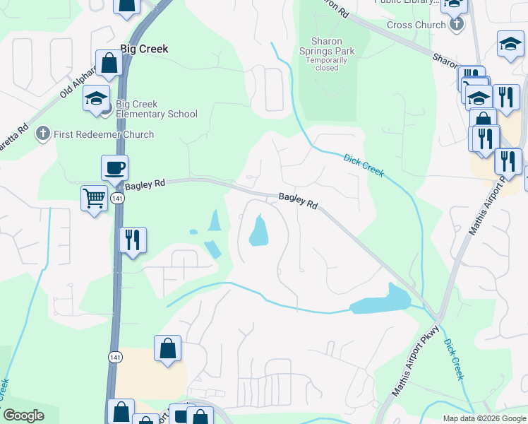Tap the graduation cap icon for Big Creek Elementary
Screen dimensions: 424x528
coord(96,99)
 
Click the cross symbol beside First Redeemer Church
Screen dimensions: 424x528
coord(43,134)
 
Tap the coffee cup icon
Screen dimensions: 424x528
coord(114,168)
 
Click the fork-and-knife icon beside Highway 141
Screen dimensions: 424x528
coord(132,240)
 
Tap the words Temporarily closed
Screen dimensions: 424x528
coord(326,64)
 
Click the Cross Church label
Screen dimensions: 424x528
coord(416,25)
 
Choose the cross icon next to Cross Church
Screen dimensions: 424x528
coord(457,25)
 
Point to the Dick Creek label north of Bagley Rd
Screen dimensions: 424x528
coord(364,165)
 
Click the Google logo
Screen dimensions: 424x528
coord(23,416)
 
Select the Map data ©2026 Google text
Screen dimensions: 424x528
coord(484,418)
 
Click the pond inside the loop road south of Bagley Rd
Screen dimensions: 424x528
coord(258,230)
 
